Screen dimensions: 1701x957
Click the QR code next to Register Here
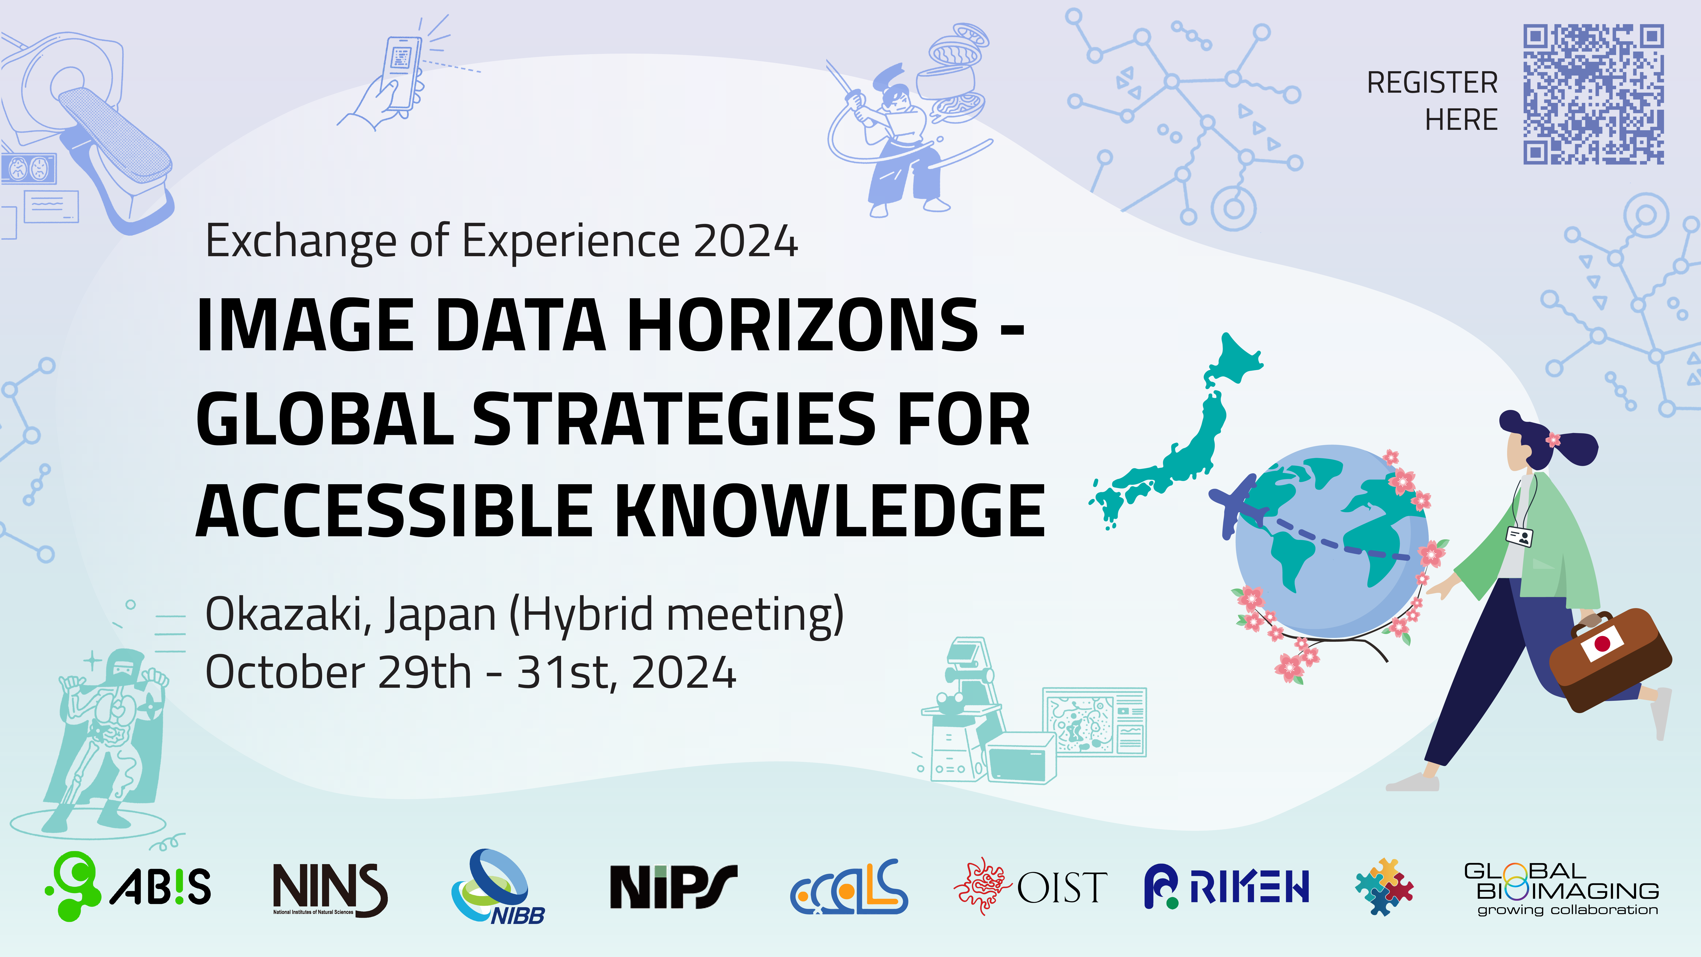(1593, 95)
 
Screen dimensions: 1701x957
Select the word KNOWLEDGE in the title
(831, 511)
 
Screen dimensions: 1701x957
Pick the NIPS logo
(673, 886)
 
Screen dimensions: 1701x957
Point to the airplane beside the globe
(1237, 505)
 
